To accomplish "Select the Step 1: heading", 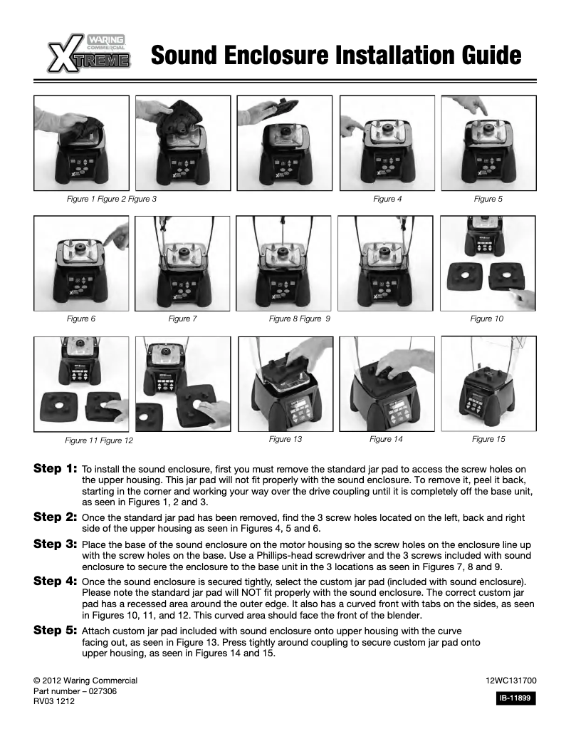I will click(x=56, y=470).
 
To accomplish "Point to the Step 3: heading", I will click(x=56, y=543).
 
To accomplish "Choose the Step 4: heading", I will click(x=56, y=581).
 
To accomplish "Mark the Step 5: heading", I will click(x=56, y=631).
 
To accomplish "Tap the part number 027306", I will click(x=75, y=691).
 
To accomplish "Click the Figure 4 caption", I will click(x=387, y=200).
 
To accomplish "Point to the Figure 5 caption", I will click(x=488, y=200).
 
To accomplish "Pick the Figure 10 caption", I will click(x=487, y=319).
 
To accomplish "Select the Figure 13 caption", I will click(x=285, y=439).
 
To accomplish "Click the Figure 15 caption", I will click(x=488, y=439).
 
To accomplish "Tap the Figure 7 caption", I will click(x=182, y=319).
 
